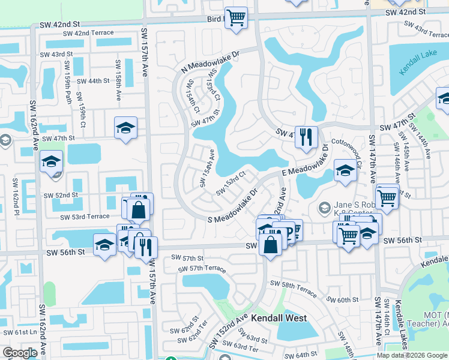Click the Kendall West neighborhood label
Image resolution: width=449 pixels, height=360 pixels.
click(279, 318)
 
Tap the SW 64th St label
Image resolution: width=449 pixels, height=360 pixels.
click(298, 355)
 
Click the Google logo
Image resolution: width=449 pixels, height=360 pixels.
click(20, 352)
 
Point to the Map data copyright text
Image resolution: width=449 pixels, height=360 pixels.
click(411, 355)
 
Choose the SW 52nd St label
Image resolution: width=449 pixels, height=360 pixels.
click(60, 195)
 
